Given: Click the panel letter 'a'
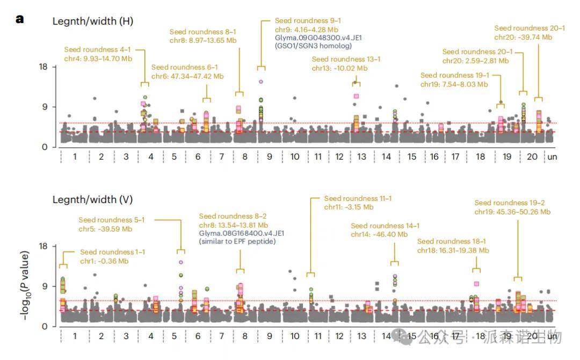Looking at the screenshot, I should coord(20,19).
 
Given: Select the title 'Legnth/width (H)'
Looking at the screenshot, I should coord(93,21).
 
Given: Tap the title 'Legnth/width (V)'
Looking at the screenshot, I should coord(92,200).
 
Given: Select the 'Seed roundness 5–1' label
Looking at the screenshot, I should coord(112,220).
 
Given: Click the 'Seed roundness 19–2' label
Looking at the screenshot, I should coord(510,203).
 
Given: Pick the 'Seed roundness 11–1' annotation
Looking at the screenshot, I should coord(358,198).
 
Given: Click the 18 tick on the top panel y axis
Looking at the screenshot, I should coord(44,67).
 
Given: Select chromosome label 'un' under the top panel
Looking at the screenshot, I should coord(552,157).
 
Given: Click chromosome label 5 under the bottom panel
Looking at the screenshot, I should coord(175,336).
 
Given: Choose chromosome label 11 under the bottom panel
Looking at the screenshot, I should coord(318,336).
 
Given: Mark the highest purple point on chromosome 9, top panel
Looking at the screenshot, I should coord(261,82).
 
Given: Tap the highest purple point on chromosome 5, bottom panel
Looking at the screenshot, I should coord(181,262).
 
